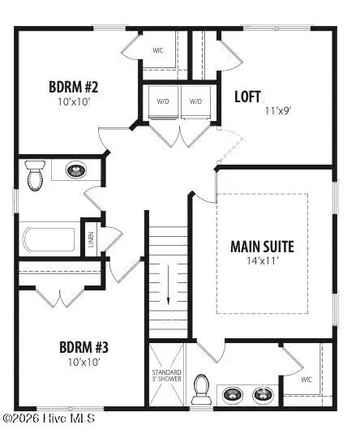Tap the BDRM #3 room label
[x=84, y=348]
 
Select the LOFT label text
[x=248, y=96]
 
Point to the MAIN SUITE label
[x=262, y=246]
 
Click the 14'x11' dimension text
[x=262, y=262]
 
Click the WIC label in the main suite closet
[x=306, y=379]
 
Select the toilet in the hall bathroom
[x=34, y=175]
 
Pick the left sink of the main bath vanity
[x=234, y=395]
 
